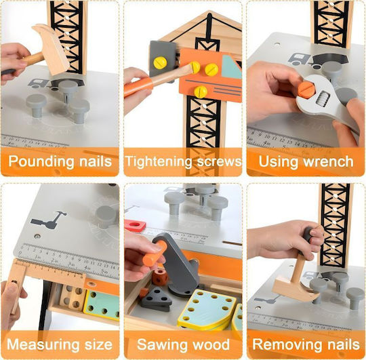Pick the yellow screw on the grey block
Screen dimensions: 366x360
(160, 62)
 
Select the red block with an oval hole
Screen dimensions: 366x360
(135, 225)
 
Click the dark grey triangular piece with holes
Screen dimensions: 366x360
(156, 300)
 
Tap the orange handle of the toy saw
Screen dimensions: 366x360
(155, 254)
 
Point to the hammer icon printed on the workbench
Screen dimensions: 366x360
(49, 220)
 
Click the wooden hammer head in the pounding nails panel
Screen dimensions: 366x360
(52, 49)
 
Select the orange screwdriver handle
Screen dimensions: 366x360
(138, 87)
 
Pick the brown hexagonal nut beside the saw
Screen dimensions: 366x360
(160, 277)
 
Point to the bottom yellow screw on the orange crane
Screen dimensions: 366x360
(201, 92)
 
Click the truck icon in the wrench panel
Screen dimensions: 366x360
(299, 59)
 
